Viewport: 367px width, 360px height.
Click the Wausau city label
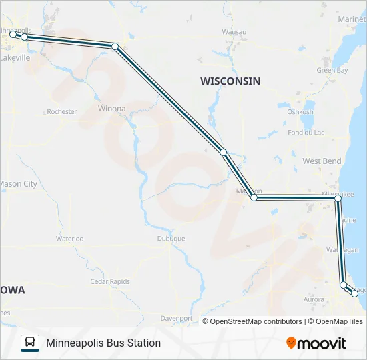pyautogui.click(x=234, y=32)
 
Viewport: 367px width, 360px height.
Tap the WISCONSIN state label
pyautogui.click(x=230, y=81)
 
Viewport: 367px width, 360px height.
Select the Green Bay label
pyautogui.click(x=332, y=70)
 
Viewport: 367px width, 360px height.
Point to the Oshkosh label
pyautogui.click(x=300, y=112)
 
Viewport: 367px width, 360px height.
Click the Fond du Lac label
pyautogui.click(x=306, y=133)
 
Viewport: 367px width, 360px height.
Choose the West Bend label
pyautogui.click(x=322, y=161)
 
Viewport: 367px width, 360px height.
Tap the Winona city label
pyautogui.click(x=111, y=108)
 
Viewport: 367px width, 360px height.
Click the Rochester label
pyautogui.click(x=62, y=112)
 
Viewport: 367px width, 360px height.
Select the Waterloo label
pyautogui.click(x=69, y=238)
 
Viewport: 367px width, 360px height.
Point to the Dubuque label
pyautogui.click(x=171, y=238)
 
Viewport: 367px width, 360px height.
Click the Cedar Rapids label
pyautogui.click(x=110, y=281)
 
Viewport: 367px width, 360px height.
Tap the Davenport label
pyautogui.click(x=177, y=319)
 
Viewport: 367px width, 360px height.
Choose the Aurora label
pyautogui.click(x=314, y=300)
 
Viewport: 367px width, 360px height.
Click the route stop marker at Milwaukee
pyautogui.click(x=338, y=199)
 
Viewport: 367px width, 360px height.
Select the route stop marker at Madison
pyautogui.click(x=254, y=198)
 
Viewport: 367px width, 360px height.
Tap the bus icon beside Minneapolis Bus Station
pyautogui.click(x=30, y=343)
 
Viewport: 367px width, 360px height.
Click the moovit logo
pyautogui.click(x=316, y=343)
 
